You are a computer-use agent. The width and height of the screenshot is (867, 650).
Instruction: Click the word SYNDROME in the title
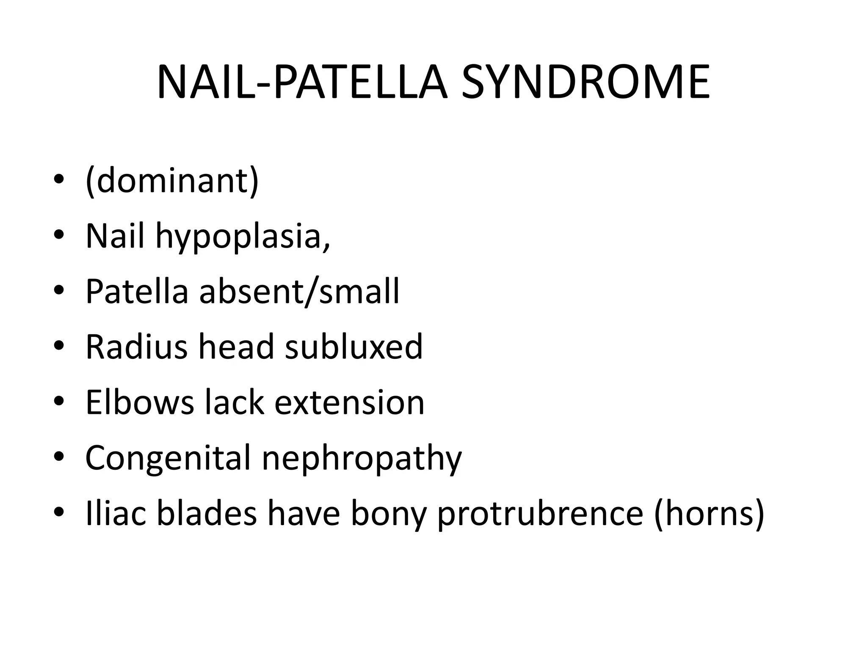click(585, 83)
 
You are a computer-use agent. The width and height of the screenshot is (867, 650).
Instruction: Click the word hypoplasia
click(243, 236)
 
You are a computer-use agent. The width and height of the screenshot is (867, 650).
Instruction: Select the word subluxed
click(354, 347)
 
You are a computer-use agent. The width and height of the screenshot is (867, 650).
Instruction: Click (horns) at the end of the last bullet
click(710, 513)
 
